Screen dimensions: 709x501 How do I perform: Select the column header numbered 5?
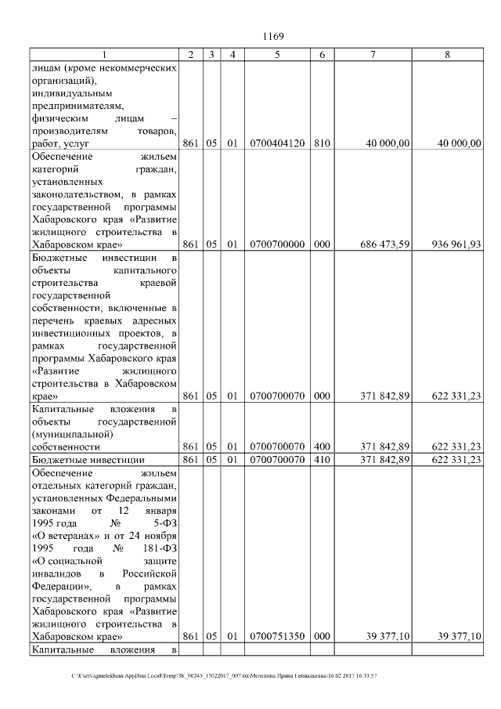coord(277,54)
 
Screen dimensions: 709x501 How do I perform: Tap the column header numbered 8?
coord(447,54)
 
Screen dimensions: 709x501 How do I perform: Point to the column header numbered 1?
coord(103,54)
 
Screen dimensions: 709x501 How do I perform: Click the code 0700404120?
coord(277,143)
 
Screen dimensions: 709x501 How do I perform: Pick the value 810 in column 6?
coord(322,143)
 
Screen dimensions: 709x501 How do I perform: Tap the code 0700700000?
coord(277,244)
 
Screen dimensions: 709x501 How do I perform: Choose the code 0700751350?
coord(277,637)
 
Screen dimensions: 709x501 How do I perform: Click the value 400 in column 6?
coord(322,446)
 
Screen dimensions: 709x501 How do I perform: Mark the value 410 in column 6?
coord(322,459)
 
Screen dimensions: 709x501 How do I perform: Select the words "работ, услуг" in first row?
coord(61,144)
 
